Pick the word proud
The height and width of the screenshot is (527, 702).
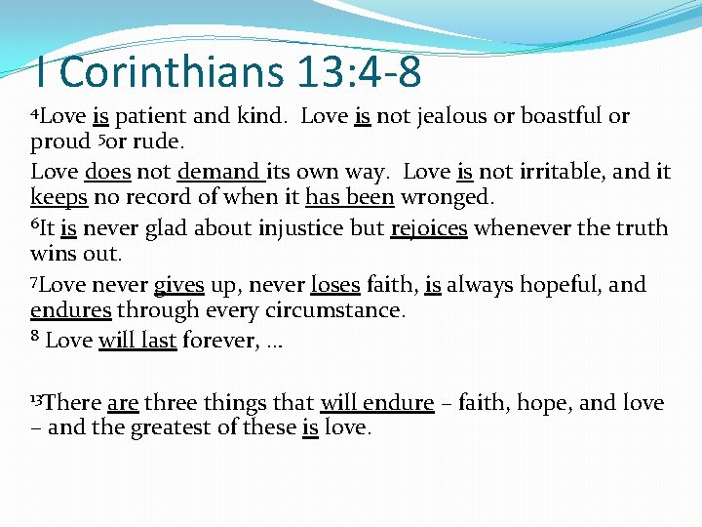(x=59, y=142)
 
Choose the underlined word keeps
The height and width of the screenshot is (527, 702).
(x=58, y=198)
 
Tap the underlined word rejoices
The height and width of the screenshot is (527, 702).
(x=429, y=229)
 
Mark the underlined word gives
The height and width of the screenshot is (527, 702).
(x=178, y=286)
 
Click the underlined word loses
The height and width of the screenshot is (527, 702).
(x=334, y=286)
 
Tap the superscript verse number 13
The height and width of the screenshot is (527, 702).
(x=37, y=399)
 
